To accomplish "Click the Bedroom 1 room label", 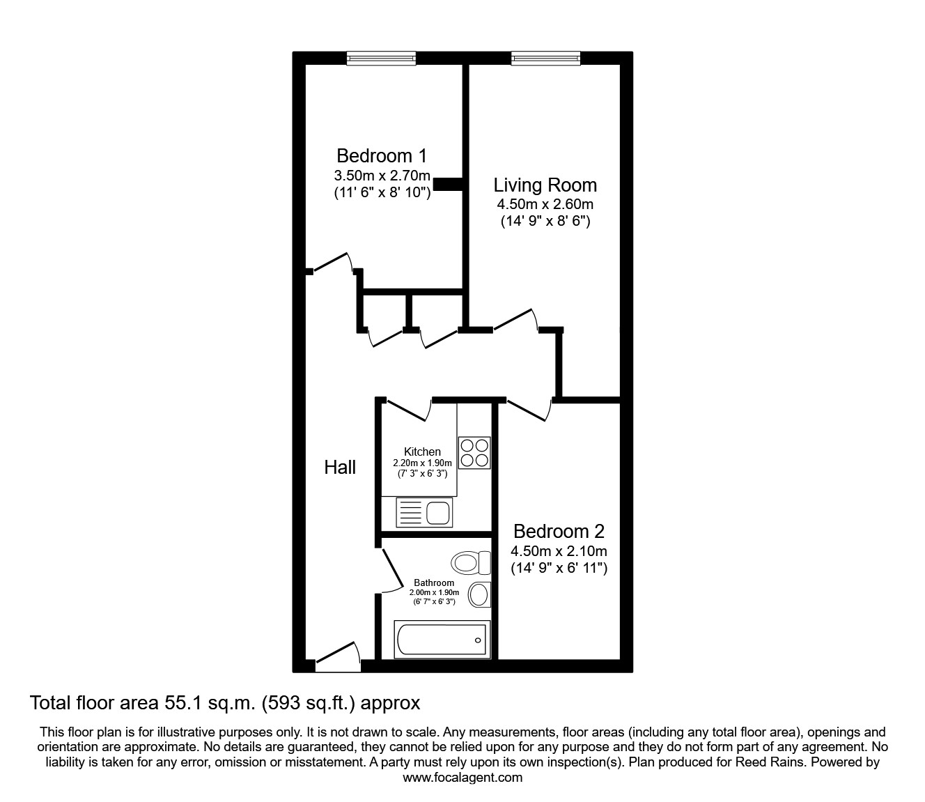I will [x=381, y=155].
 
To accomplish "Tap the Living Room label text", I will [x=545, y=185].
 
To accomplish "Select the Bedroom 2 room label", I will [x=559, y=532].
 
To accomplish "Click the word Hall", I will [x=340, y=468].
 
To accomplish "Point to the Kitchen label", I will [x=422, y=452].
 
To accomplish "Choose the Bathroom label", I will [x=434, y=583].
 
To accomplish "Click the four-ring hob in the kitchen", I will [x=474, y=452].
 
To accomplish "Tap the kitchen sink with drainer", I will [x=423, y=514].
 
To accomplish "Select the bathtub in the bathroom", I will [x=442, y=639].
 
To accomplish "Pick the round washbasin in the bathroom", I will [x=479, y=594].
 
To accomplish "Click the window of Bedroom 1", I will [x=381, y=59].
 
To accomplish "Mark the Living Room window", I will [x=545, y=59].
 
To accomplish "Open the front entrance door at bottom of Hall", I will [x=338, y=658].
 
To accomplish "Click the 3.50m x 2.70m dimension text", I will [x=382, y=176].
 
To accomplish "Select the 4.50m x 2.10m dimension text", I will [x=559, y=551].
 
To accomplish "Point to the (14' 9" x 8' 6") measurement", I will [x=545, y=222].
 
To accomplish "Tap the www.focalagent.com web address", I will [x=462, y=778].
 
